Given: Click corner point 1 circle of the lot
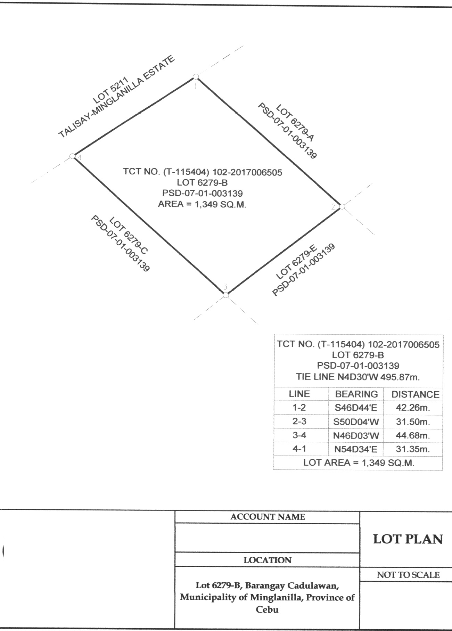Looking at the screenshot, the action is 196,76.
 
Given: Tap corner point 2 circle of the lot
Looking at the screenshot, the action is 342,206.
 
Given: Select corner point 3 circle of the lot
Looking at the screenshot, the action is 226,295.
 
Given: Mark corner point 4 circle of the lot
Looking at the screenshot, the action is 72,156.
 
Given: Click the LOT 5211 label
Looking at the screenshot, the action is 111,90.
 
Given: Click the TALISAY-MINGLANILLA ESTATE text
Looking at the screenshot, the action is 116,97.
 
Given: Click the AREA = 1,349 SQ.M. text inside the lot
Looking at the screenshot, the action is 202,204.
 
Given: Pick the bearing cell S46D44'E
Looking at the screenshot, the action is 356,408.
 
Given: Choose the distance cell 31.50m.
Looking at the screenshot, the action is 413,422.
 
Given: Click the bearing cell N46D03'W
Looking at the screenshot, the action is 356,435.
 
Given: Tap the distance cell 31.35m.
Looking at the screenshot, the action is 413,449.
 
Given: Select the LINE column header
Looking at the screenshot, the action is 299,394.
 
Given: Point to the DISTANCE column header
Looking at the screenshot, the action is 416,394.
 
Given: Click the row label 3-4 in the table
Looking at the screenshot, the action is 299,435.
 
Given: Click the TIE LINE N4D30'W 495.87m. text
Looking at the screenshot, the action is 358,377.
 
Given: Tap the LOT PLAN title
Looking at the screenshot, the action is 408,539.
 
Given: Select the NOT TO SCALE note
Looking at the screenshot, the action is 408,575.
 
